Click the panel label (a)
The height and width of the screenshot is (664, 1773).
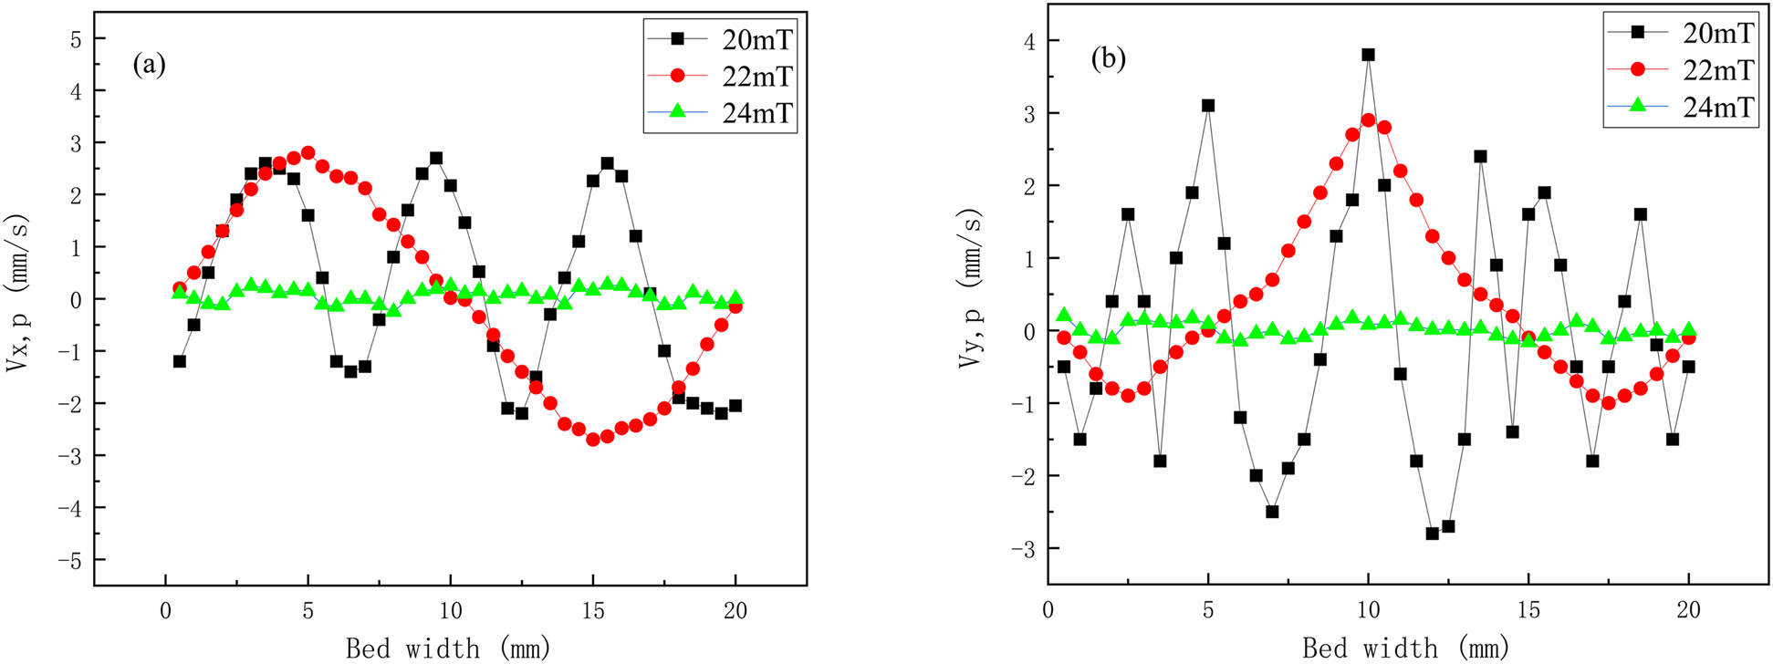pos(149,64)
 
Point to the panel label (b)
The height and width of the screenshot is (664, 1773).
pos(1109,59)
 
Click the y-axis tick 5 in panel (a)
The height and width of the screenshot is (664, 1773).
pos(76,39)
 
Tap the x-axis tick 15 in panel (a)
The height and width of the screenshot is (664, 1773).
pos(593,611)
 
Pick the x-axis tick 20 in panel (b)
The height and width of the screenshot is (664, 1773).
pos(1688,609)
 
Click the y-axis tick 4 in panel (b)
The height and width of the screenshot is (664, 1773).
pos(1028,40)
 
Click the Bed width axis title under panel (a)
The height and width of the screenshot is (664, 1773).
pos(448,648)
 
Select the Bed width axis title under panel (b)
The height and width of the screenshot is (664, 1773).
pos(1405,648)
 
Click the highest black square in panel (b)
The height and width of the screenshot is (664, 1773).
pos(1368,55)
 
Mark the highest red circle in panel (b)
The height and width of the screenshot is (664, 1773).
pos(1368,119)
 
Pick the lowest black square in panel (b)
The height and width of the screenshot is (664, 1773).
pos(1432,534)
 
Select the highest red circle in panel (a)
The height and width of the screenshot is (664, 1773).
pos(308,153)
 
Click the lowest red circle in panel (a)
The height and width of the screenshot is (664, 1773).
pos(593,439)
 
